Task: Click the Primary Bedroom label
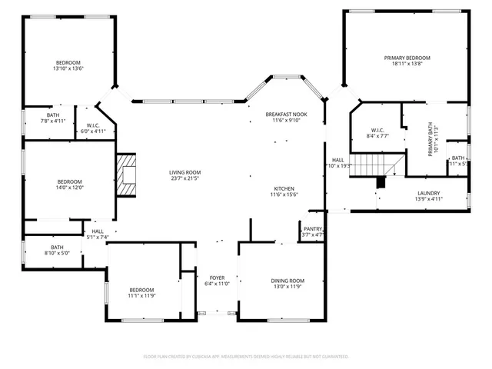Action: coord(407,58)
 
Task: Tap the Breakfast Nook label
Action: coord(284,113)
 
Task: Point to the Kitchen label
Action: coord(284,188)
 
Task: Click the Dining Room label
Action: coord(288,281)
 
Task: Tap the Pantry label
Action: coord(313,228)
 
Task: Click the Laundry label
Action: coord(428,193)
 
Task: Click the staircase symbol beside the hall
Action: coord(377,165)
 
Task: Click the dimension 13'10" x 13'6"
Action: coord(68,69)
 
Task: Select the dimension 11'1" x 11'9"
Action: coord(141,295)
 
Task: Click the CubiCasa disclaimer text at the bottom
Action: coord(246,357)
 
